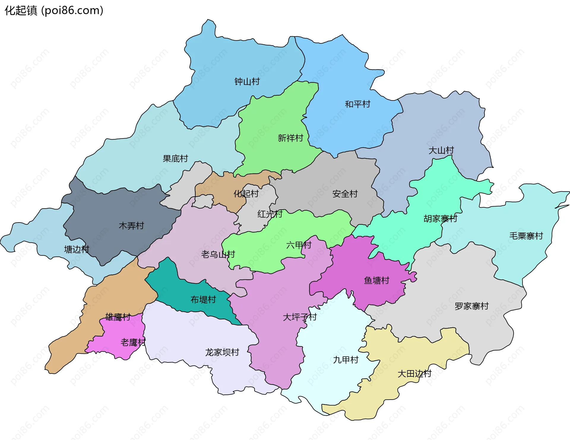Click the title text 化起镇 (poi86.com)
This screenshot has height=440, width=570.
click(x=54, y=11)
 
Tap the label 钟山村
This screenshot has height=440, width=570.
click(x=247, y=81)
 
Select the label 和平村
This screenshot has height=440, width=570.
click(x=357, y=104)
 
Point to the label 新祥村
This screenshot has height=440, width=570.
click(x=290, y=138)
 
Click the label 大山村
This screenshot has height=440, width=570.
click(x=441, y=150)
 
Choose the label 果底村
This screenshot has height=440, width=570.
click(x=175, y=159)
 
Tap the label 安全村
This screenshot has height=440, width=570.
click(x=345, y=194)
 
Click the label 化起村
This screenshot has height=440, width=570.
click(x=246, y=194)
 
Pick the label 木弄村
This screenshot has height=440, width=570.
click(x=131, y=226)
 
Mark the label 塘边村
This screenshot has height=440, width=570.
click(x=77, y=249)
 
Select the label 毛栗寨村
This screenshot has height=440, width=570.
click(x=526, y=236)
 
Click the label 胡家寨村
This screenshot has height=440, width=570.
click(x=440, y=219)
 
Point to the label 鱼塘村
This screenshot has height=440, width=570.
click(x=376, y=280)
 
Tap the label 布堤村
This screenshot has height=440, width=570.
click(x=203, y=299)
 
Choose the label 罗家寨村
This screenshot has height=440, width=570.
click(x=471, y=306)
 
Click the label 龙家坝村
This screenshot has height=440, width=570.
click(x=222, y=352)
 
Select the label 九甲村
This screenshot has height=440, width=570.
click(x=346, y=360)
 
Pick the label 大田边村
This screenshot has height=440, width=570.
click(x=414, y=374)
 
